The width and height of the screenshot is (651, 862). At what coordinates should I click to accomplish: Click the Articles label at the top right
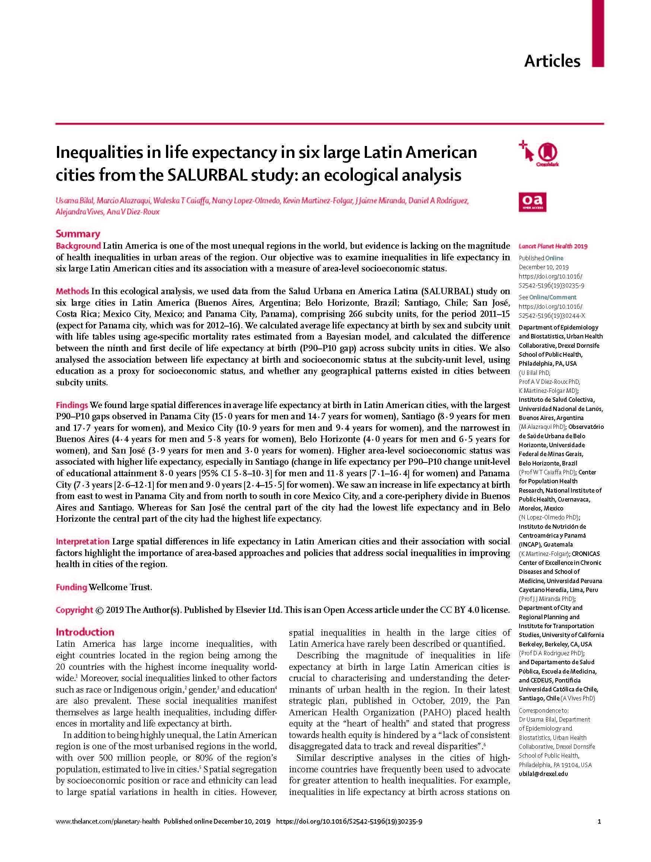point(552,61)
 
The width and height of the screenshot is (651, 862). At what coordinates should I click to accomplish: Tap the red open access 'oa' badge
point(532,202)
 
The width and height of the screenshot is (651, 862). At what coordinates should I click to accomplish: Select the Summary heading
point(78,234)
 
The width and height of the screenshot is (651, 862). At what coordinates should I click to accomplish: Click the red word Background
point(78,246)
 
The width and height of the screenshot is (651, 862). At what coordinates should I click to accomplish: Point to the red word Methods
point(73,291)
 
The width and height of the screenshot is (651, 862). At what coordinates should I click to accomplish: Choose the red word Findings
point(72,405)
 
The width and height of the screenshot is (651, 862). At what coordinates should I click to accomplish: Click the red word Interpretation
point(83,541)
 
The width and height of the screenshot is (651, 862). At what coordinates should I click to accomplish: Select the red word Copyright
point(74,610)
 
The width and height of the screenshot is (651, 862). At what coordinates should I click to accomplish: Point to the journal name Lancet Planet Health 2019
point(553,246)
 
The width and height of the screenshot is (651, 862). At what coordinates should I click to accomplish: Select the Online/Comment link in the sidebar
point(552,297)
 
